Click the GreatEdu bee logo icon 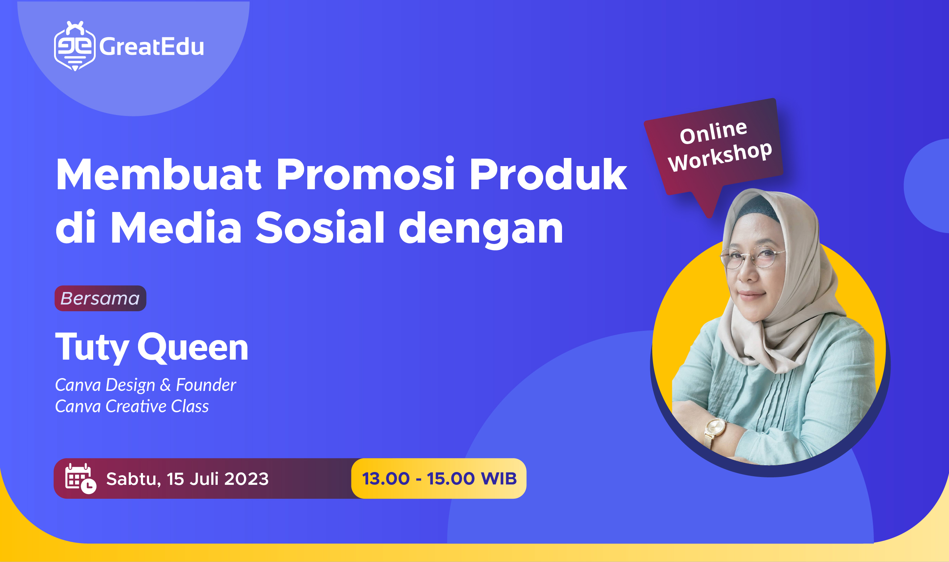coord(75,47)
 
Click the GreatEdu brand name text coord(152,47)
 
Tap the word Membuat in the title coord(158,175)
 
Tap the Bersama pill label coord(100,298)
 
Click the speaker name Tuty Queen coord(152,347)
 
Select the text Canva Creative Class coord(132,406)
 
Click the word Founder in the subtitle coord(206,385)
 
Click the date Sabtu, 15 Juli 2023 coord(187,479)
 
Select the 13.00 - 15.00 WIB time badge coord(439,479)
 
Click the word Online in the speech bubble coord(713,133)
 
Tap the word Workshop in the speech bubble coord(720,156)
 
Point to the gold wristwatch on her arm coord(715,428)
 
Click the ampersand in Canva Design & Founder coord(165,386)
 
